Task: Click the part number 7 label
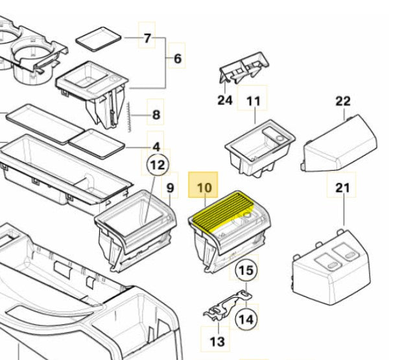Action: [148, 38]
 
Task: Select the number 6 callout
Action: [177, 59]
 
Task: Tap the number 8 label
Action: [156, 116]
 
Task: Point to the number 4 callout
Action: [156, 147]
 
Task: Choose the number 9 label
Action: [171, 189]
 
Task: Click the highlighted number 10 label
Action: [204, 188]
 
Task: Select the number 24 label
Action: [224, 100]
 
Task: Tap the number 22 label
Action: [343, 101]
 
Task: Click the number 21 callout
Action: [342, 189]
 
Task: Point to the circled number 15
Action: [244, 270]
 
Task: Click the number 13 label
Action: [218, 341]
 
